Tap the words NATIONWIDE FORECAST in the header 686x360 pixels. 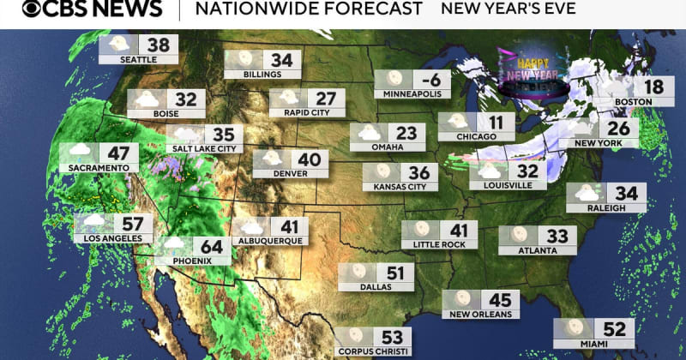click(x=309, y=9)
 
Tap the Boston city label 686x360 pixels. click(x=634, y=102)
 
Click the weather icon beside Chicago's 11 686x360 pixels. click(x=458, y=122)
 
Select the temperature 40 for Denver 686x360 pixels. click(x=309, y=159)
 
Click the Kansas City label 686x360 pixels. click(x=395, y=186)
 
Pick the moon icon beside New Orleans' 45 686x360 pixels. click(x=463, y=300)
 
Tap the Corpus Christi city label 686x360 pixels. click(x=374, y=350)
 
